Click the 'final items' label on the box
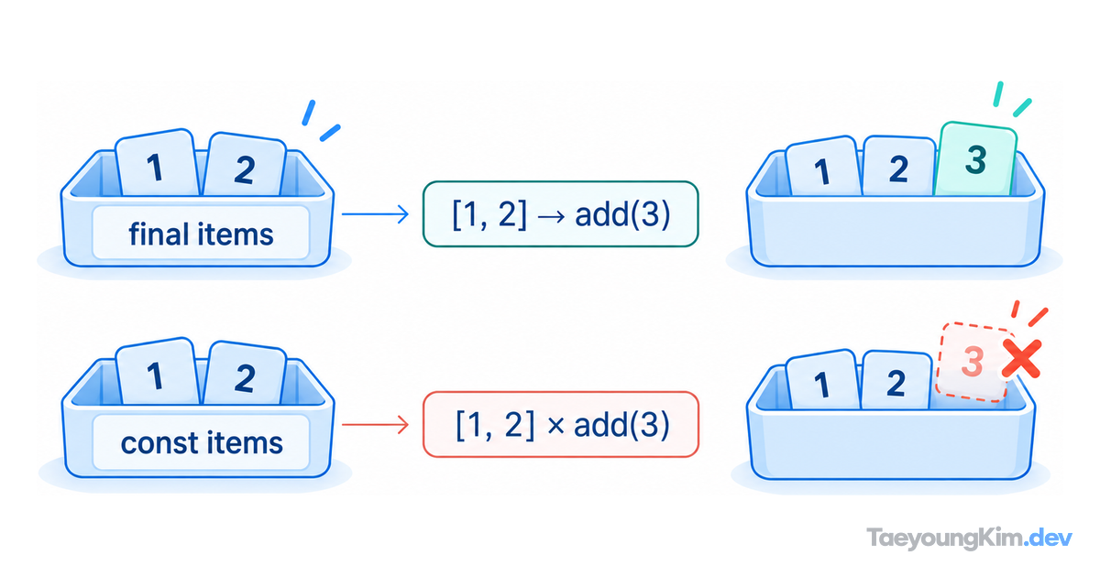(201, 234)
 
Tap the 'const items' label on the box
(202, 442)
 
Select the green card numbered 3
(975, 159)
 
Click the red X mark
(1021, 359)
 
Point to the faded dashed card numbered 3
(973, 362)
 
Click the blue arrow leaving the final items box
(375, 214)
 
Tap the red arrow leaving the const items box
(375, 424)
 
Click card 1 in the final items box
(157, 163)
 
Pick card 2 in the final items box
(245, 166)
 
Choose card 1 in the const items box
(157, 373)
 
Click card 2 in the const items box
(245, 375)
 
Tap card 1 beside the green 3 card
(822, 168)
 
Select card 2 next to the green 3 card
(898, 167)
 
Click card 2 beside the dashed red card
(896, 381)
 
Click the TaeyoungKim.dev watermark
(970, 539)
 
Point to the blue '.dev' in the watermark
(1049, 538)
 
